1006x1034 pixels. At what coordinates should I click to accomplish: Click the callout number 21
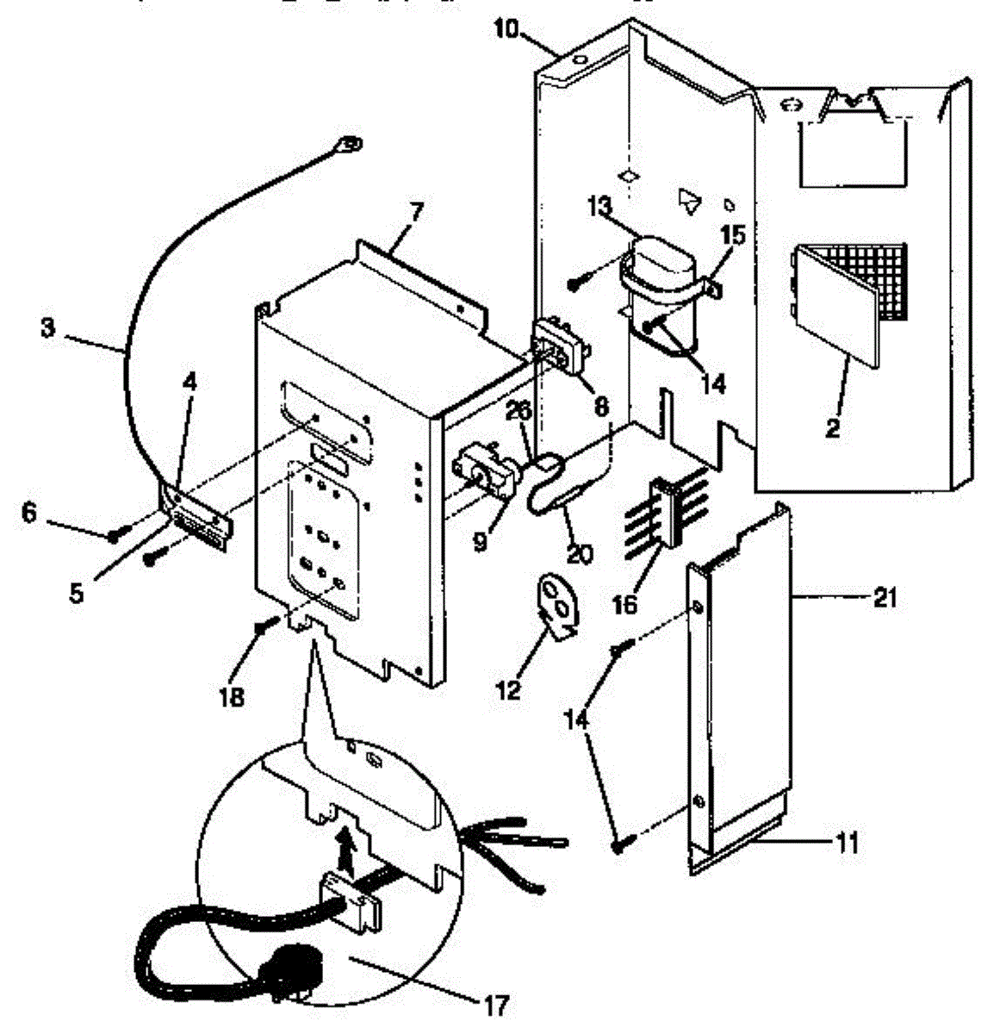click(885, 596)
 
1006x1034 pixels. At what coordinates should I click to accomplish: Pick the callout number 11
click(848, 842)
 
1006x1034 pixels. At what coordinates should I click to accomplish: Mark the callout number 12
click(509, 689)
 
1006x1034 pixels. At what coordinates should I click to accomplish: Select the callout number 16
click(626, 604)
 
